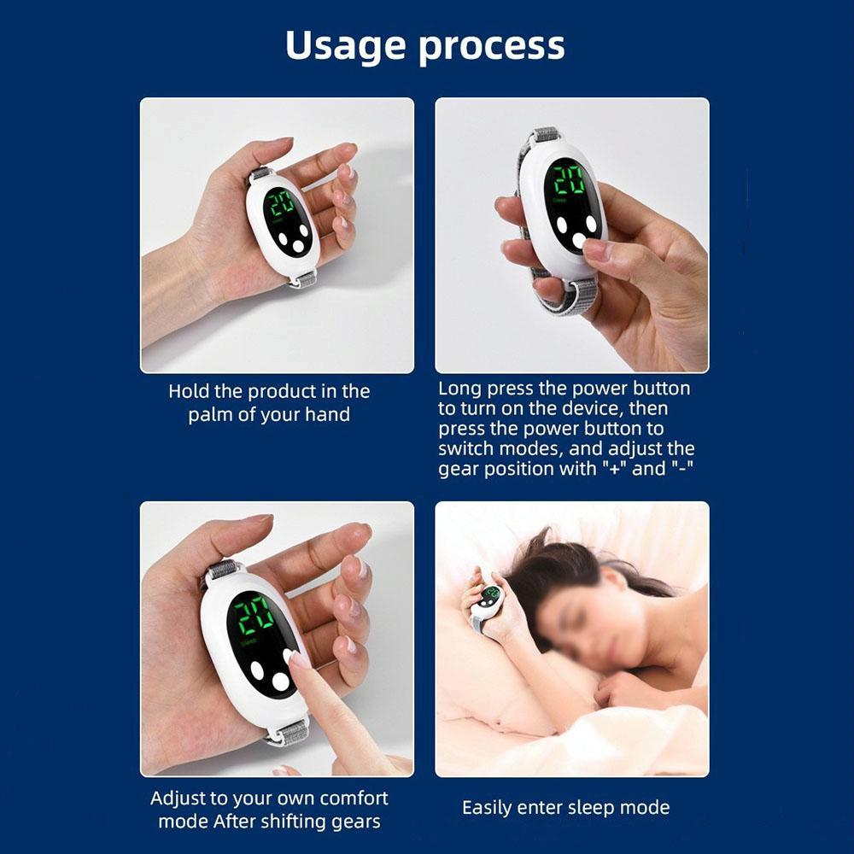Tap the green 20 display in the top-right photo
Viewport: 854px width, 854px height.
click(568, 182)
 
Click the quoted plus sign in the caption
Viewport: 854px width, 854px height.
click(612, 469)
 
